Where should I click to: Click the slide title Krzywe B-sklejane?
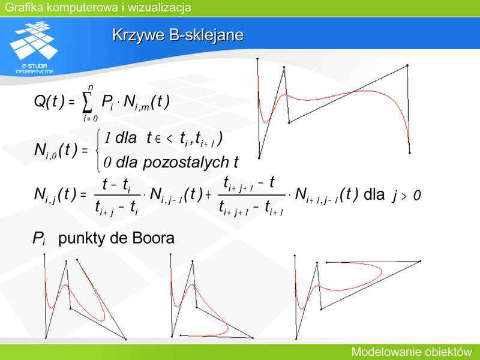178,35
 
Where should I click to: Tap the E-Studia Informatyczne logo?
34,47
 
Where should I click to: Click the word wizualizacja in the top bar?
159,7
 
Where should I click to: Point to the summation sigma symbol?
87,103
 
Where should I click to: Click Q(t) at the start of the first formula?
49,101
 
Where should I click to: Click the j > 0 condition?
406,196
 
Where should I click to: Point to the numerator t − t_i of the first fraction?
116,185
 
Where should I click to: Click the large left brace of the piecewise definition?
98,151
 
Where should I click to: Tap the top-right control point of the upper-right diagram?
407,65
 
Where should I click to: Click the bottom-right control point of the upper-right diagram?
410,153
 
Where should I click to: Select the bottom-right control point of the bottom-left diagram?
126,339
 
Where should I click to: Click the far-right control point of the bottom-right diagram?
421,261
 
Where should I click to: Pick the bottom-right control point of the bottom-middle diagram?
253,338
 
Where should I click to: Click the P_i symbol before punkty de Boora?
39,239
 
